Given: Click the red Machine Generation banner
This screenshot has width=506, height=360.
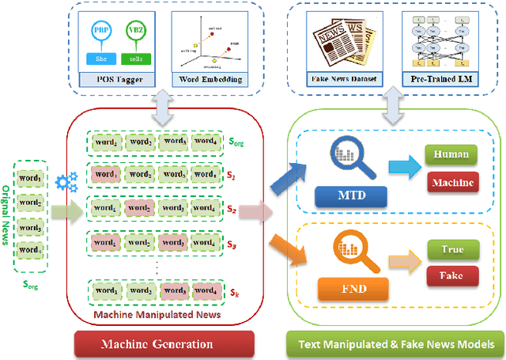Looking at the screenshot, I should (x=164, y=343).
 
